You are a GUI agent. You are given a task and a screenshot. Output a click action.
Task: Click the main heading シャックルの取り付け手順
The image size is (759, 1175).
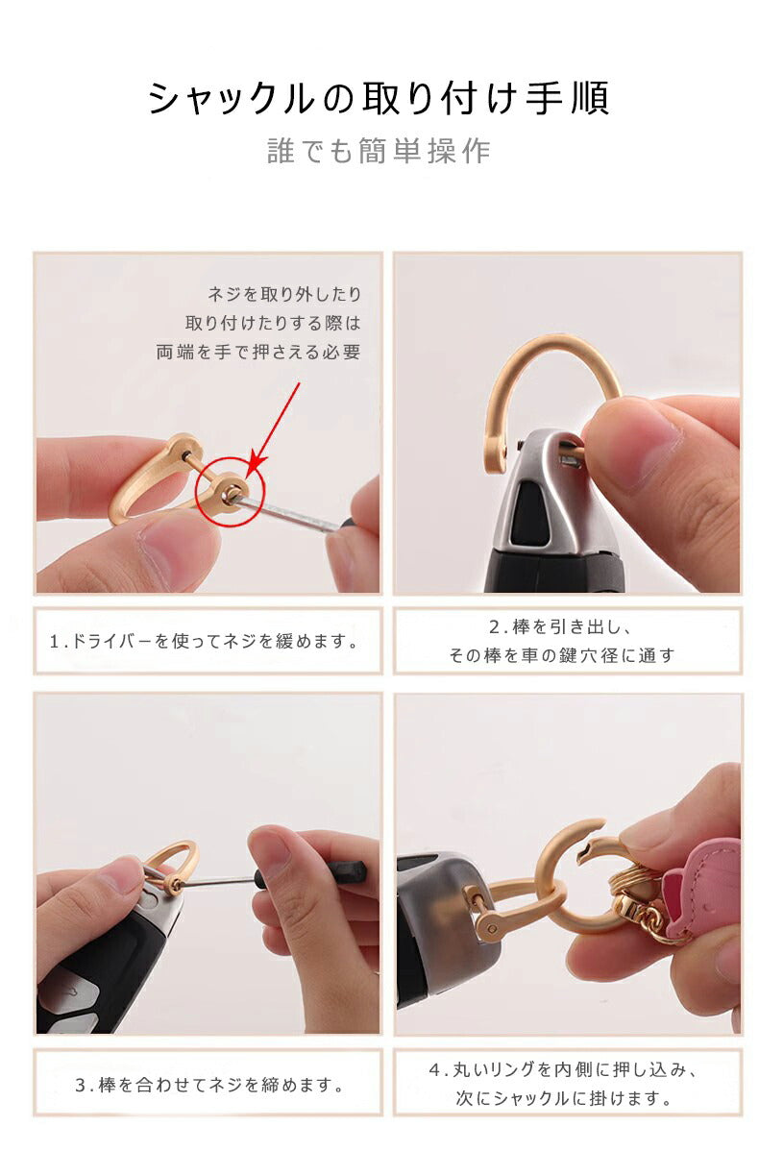tap(379, 99)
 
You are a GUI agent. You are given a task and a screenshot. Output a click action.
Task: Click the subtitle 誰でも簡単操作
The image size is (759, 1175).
tap(379, 152)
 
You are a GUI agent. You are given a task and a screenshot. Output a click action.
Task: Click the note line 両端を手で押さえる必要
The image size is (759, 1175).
tap(258, 353)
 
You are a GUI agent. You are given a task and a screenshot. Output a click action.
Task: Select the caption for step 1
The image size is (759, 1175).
tap(204, 640)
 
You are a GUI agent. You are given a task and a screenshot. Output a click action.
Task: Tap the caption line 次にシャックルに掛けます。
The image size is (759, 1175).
tap(563, 1098)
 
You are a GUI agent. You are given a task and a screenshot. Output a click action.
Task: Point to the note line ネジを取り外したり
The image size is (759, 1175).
tap(284, 294)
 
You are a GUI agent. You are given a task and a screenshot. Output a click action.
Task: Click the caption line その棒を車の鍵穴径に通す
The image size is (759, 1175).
tap(562, 656)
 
